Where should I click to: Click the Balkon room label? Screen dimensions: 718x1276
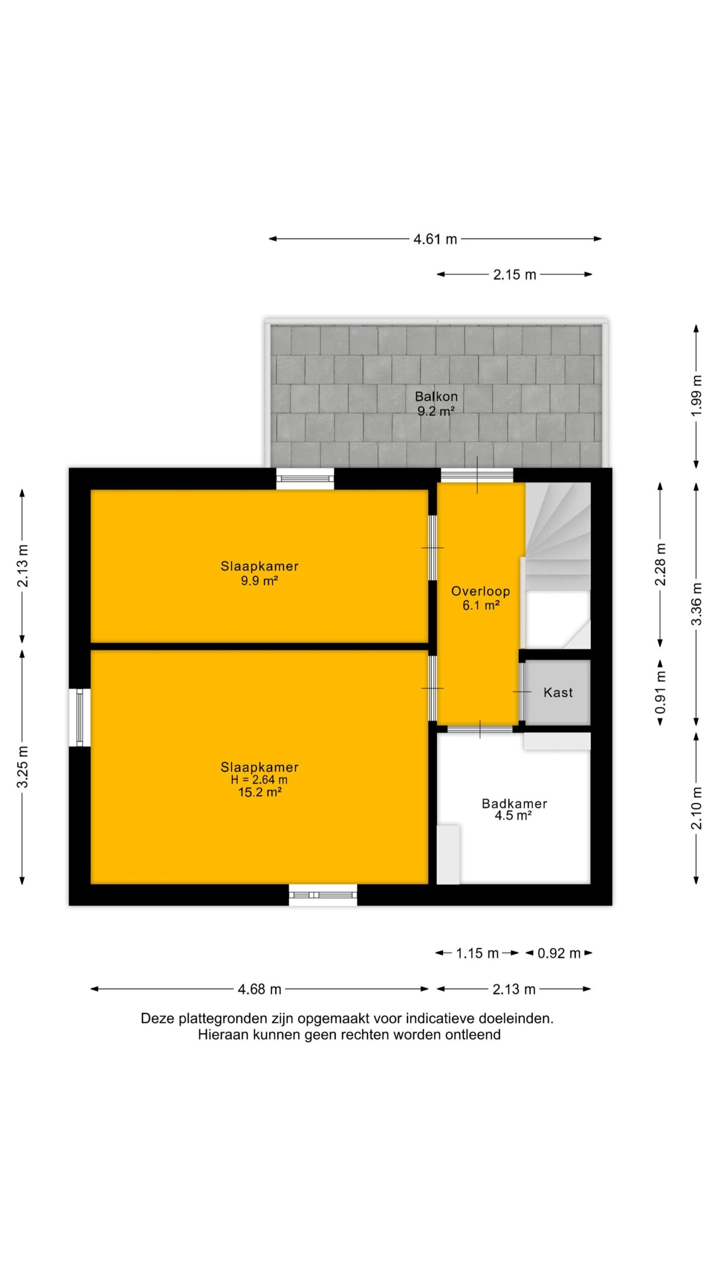click(x=436, y=397)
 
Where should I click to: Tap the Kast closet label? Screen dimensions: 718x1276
click(x=558, y=692)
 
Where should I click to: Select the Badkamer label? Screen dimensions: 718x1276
click(x=514, y=803)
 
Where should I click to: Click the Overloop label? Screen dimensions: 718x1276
click(x=481, y=591)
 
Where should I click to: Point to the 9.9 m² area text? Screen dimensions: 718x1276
click(x=259, y=580)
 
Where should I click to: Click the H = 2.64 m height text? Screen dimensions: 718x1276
click(x=259, y=780)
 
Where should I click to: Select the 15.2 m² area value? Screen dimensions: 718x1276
click(x=260, y=793)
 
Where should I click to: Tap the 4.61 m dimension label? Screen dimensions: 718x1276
click(x=435, y=239)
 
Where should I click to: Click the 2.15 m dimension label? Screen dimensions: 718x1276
click(x=515, y=275)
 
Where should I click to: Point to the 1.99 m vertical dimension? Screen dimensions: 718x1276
click(x=697, y=396)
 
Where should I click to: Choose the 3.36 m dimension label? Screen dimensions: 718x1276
click(x=697, y=604)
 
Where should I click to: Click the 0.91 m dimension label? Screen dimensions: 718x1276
click(x=661, y=692)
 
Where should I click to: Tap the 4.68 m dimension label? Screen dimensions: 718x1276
click(x=259, y=989)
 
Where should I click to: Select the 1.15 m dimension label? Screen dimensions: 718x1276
click(x=477, y=954)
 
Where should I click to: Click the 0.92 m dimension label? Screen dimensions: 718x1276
click(x=559, y=954)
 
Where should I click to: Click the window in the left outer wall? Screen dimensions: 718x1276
click(x=79, y=718)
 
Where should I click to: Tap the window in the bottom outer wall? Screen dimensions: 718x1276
click(x=323, y=895)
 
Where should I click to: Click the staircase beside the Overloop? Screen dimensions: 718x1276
click(x=558, y=565)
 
